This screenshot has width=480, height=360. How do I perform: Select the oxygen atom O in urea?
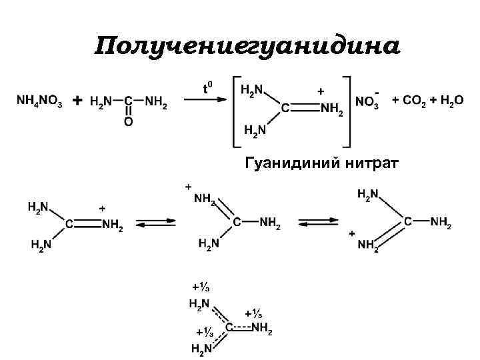pyautogui.click(x=128, y=122)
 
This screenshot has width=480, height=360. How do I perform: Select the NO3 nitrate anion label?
pyautogui.click(x=367, y=103)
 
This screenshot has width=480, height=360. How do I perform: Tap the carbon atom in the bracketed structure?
pyautogui.click(x=285, y=107)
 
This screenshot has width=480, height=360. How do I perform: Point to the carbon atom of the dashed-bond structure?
pyautogui.click(x=229, y=327)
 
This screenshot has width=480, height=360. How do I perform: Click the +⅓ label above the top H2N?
pyautogui.click(x=201, y=287)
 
